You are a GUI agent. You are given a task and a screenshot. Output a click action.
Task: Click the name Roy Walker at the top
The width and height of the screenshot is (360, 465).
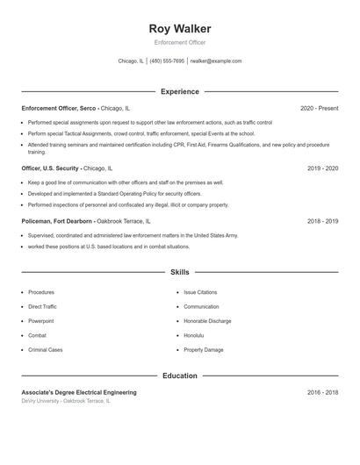click(180, 28)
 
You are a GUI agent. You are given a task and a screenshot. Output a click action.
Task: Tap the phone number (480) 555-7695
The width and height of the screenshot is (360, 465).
click(167, 61)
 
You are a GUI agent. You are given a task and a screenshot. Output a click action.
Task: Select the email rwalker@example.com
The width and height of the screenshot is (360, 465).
click(215, 61)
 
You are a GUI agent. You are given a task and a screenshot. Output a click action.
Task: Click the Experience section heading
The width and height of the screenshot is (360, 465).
click(180, 91)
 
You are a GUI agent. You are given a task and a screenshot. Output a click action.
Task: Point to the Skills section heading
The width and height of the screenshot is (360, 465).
click(180, 273)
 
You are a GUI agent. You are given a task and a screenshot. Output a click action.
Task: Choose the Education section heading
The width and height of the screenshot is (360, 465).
click(180, 376)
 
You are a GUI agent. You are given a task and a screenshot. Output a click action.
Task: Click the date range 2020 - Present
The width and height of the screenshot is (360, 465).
click(319, 108)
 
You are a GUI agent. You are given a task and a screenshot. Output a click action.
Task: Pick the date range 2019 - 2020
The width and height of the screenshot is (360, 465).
click(323, 168)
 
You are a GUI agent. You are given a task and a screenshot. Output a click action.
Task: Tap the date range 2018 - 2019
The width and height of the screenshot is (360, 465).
click(323, 222)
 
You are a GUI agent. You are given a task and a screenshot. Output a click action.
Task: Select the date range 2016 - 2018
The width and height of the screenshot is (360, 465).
click(323, 392)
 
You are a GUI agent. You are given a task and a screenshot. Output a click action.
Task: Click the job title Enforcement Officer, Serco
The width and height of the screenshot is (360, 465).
click(59, 108)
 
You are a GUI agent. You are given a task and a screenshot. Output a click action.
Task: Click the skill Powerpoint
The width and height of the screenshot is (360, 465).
click(41, 321)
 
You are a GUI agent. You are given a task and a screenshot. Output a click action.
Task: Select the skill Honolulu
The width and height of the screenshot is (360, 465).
click(193, 335)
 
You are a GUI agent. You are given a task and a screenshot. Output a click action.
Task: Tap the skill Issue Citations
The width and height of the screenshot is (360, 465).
click(200, 292)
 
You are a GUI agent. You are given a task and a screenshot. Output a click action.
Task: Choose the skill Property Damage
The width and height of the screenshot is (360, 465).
click(203, 350)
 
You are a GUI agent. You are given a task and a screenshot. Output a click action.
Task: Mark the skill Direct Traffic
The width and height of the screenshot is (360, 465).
click(42, 307)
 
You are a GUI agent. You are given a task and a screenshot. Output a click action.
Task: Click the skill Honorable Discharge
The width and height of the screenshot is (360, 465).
click(207, 321)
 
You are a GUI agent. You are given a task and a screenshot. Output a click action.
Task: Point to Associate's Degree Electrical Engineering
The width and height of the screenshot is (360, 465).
click(79, 392)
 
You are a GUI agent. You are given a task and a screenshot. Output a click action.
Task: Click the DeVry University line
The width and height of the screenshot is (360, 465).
click(67, 401)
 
